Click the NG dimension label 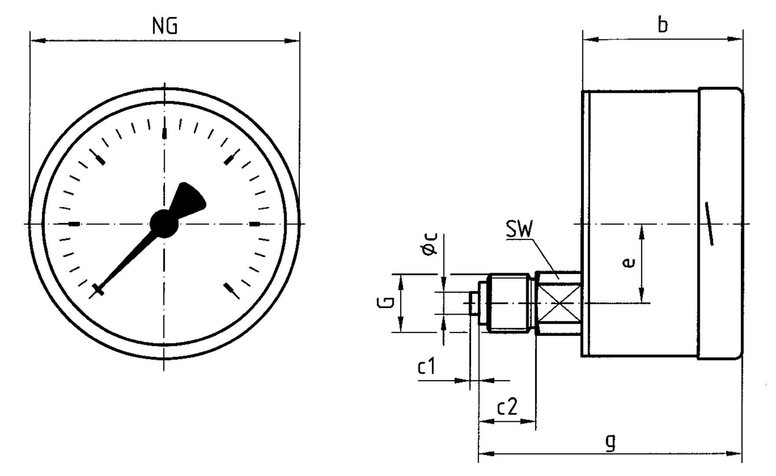pos(165,27)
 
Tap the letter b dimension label pos(662,25)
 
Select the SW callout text pos(519,230)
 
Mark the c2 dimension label pos(507,407)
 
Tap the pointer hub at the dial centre pos(164,223)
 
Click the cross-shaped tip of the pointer pos(98,290)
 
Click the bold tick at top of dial pos(165,133)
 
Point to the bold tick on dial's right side pos(255,224)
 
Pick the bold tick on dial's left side pos(74,224)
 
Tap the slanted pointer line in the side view pos(709,223)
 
